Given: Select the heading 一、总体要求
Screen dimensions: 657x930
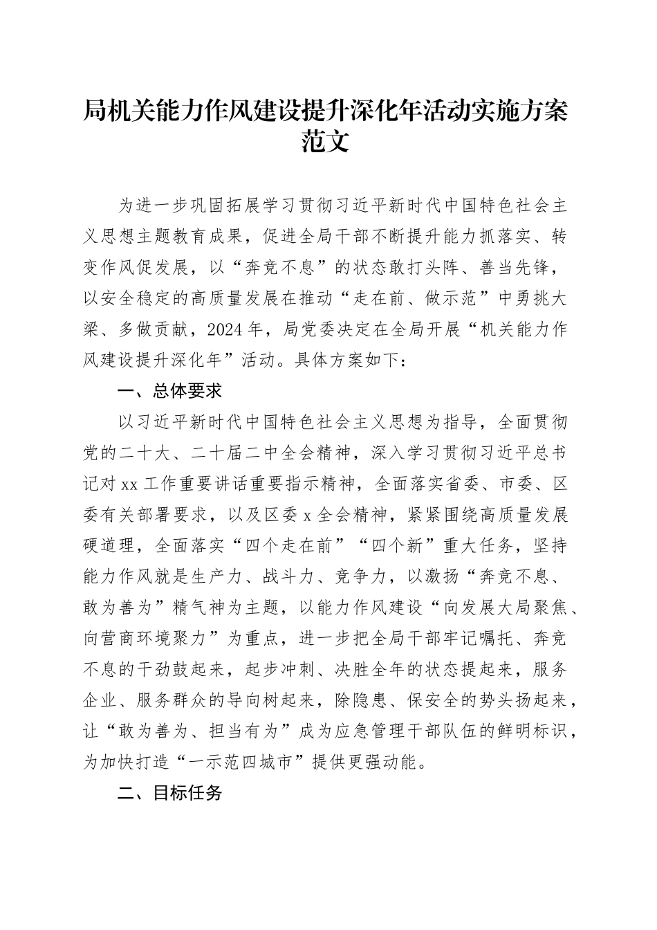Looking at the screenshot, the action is point(169,391).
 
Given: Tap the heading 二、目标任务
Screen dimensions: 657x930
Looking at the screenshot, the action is point(169,773).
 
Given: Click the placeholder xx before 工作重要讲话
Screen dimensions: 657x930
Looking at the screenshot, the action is point(129,484).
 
